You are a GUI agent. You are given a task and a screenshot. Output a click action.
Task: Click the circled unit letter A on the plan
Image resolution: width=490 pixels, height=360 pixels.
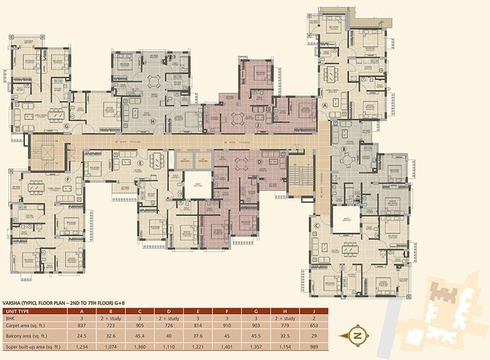coord(325,105)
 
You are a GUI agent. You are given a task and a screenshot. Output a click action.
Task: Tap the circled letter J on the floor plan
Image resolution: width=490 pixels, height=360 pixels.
coord(259,126)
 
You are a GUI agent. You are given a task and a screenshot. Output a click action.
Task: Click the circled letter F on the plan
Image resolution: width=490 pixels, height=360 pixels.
coord(69,179)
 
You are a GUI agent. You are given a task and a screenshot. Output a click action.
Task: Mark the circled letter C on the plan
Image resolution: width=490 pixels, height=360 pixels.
coord(317,225)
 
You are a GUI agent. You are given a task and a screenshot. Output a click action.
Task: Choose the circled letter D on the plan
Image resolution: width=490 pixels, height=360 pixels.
coord(259,162)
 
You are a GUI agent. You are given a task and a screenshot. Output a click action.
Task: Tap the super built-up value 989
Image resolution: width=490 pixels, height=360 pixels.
coord(332,347)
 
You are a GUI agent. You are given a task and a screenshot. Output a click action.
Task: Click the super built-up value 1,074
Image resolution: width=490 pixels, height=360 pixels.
coord(111,347)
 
